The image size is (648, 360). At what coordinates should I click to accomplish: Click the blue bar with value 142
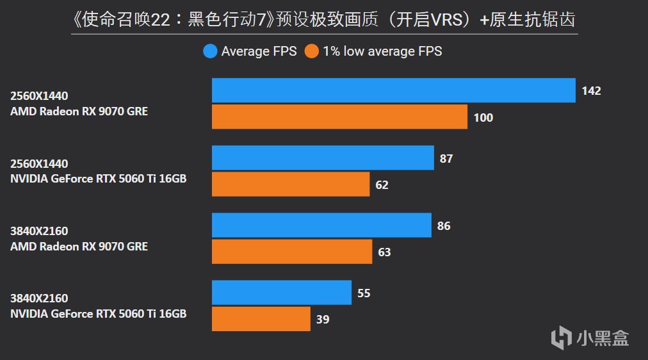tap(393, 90)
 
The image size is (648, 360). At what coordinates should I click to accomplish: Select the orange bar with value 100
tap(339, 117)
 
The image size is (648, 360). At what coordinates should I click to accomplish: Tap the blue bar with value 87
tap(323, 158)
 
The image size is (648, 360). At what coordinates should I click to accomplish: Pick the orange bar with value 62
tap(291, 184)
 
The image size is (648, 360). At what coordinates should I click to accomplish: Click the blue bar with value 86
tap(321, 225)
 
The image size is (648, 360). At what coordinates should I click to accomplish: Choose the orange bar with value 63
tap(292, 252)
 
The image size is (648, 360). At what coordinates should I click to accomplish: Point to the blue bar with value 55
tap(282, 293)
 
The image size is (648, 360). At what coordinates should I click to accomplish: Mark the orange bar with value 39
tap(261, 319)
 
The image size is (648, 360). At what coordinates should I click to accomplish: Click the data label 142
tap(591, 91)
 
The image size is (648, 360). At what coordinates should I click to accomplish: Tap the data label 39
tap(323, 319)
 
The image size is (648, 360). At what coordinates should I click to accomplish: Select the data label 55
tap(364, 293)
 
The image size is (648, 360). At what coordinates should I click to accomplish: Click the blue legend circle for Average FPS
tap(210, 51)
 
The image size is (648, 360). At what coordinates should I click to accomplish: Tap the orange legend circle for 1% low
tap(312, 51)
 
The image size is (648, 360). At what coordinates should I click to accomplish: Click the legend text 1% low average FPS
tap(382, 51)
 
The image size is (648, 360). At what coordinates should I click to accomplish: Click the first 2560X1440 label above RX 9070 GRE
tap(39, 96)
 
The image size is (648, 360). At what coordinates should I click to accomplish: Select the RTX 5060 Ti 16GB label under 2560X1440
tap(98, 179)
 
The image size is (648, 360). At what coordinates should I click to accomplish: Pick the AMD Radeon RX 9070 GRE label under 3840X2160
tap(79, 246)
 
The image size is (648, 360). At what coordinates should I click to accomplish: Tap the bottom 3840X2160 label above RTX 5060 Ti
tap(39, 299)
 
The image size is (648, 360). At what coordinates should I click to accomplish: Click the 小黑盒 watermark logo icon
tap(562, 337)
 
